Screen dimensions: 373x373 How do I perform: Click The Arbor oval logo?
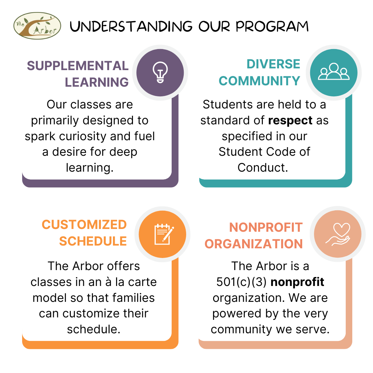point(37,26)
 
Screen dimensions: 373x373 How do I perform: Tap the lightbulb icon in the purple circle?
point(160,72)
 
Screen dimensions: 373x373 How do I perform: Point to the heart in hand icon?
point(338,234)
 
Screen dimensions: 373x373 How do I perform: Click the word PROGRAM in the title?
point(272,26)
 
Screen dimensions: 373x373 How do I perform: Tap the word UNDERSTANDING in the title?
point(131,26)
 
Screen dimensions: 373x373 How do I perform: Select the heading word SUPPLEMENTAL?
point(78,66)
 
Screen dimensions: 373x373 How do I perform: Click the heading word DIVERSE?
point(273,64)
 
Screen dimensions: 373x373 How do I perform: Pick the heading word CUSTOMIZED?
point(84,224)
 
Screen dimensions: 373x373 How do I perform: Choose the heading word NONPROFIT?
point(266,227)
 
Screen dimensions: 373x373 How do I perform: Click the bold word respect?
point(290,121)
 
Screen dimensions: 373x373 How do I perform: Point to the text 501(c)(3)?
point(241,282)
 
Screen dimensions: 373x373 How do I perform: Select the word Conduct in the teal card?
point(262,168)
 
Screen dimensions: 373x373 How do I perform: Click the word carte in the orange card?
point(142,282)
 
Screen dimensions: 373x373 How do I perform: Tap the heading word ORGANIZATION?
point(254,244)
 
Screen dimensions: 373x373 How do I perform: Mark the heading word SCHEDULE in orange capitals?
point(93,241)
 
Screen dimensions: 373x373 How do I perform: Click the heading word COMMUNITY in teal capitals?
point(259,81)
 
